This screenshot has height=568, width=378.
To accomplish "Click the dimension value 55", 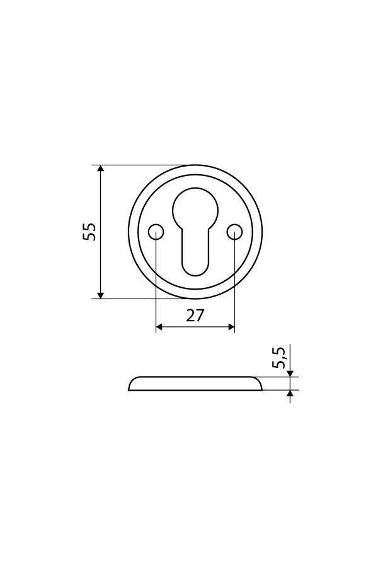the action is [x=89, y=232].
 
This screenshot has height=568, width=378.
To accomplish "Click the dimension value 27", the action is [x=195, y=316].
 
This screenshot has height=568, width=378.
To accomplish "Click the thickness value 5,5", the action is [x=280, y=358].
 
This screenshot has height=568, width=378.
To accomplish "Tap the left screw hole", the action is [x=156, y=232].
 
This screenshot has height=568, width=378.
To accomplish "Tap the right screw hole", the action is [x=235, y=232].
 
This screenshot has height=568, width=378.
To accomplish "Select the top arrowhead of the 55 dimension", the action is [x=101, y=169].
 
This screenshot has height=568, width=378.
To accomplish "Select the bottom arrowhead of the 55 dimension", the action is [x=101, y=295].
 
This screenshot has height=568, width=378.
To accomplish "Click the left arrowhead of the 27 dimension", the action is [x=160, y=327].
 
